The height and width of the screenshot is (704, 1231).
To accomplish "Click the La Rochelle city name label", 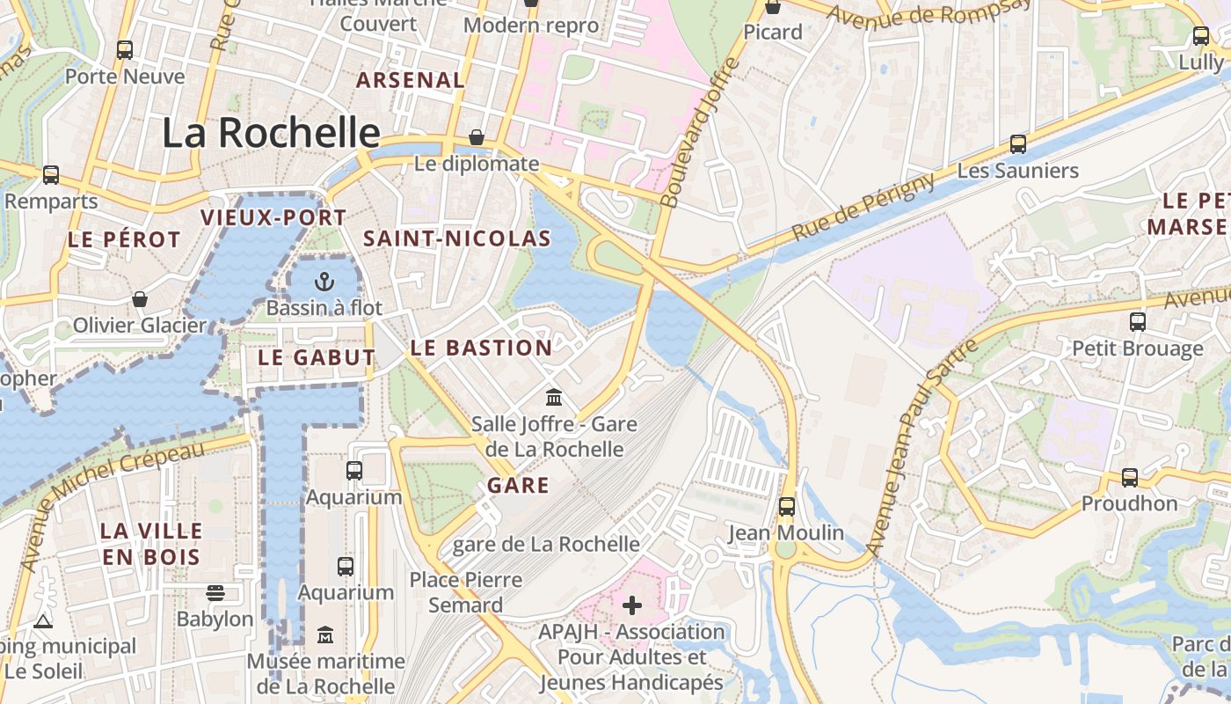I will tap(271, 133).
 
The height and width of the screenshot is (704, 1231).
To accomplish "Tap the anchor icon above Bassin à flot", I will tap(325, 282).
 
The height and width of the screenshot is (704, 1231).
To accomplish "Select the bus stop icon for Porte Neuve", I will tap(125, 50).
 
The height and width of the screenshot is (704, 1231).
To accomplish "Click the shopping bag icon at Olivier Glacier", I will tap(139, 300).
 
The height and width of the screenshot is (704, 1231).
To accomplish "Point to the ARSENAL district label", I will tap(410, 80).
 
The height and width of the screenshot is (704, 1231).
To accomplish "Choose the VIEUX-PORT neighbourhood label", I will tap(273, 217).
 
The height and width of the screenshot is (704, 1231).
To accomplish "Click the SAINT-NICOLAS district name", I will tap(457, 238).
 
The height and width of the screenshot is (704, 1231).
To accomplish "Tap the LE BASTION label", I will tap(481, 348).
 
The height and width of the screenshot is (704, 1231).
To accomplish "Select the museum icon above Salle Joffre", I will tap(553, 398).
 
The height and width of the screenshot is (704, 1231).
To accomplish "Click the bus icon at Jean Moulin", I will tap(786, 507).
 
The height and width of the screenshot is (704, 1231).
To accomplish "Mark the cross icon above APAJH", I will tap(632, 605).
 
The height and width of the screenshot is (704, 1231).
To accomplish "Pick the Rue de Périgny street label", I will tap(863, 209).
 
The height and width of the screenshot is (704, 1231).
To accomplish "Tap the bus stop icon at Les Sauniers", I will tap(1017, 144).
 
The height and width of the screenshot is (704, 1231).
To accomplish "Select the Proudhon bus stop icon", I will tap(1129, 478).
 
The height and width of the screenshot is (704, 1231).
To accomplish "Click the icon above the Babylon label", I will tap(215, 593).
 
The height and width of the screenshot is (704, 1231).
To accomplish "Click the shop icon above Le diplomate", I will tap(476, 137).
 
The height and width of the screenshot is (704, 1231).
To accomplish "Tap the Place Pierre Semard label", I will tap(466, 592).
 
